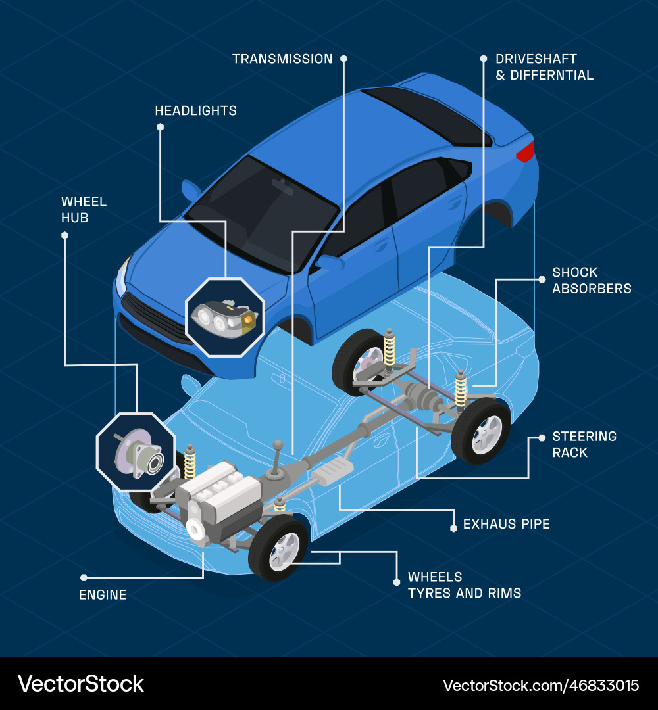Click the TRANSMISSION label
click(x=282, y=59)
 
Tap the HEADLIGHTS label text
click(x=195, y=111)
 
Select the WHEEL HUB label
click(x=84, y=210)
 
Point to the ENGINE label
click(x=103, y=595)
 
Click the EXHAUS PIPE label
click(x=506, y=524)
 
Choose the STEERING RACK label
click(x=584, y=444)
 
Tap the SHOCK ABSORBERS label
click(x=591, y=280)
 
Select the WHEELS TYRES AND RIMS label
click(x=464, y=585)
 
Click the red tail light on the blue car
click(x=525, y=152)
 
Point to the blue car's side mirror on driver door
click(x=331, y=263)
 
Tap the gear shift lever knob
click(x=279, y=445)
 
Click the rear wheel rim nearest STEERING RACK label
click(x=486, y=435)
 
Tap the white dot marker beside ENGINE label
click(x=84, y=577)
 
